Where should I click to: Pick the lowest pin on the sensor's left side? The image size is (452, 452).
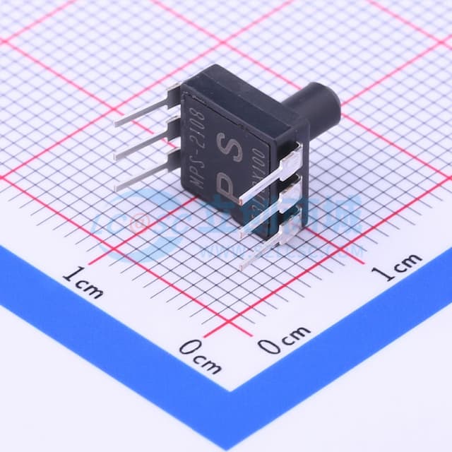pos(145,177)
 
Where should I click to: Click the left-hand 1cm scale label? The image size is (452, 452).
pos(83,280)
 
